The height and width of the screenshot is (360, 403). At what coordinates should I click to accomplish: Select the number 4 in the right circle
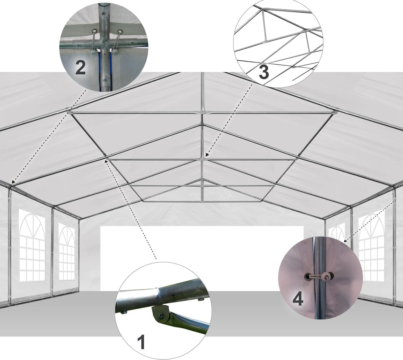(297, 300)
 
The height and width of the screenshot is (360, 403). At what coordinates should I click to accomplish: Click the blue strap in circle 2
(99, 70)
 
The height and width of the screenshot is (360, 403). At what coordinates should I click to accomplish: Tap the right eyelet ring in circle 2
(119, 33)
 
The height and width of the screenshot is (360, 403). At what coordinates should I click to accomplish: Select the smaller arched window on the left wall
(67, 251)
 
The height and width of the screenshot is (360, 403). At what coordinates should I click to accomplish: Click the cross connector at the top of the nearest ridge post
(202, 113)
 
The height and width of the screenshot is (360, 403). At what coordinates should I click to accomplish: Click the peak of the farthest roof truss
(201, 180)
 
